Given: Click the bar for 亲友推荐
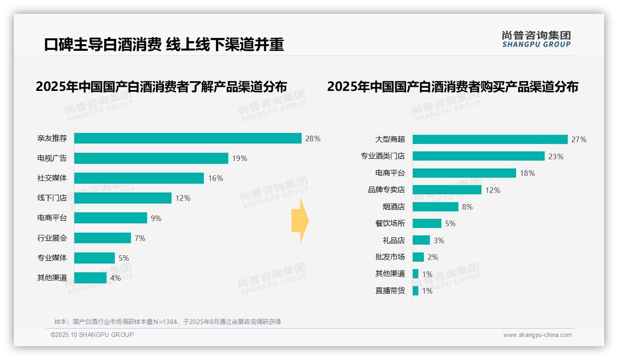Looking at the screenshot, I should [188, 138].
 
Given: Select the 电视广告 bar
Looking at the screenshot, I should [151, 158].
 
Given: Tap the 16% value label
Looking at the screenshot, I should [215, 178].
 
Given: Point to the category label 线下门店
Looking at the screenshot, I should [52, 198].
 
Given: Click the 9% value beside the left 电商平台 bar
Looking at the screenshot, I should [156, 218].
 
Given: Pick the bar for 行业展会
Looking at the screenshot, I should [102, 238].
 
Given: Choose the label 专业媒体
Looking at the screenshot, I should [52, 258].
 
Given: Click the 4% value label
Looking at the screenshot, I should [115, 278].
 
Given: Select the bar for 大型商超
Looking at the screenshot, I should [490, 139].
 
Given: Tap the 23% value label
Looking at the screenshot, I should [556, 156].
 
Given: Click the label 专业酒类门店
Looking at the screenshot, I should [382, 156].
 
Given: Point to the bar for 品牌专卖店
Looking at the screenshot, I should [447, 190].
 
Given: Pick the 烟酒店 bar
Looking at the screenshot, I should [435, 207].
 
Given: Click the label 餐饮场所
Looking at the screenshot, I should [390, 223].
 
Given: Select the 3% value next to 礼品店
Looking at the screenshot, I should [439, 240].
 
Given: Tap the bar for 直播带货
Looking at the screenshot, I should [416, 291].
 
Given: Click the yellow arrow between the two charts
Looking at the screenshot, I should [300, 221].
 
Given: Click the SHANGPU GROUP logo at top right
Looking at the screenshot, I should [536, 39].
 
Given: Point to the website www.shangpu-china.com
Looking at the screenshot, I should [537, 335].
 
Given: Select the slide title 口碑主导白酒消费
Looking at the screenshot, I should [102, 45].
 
